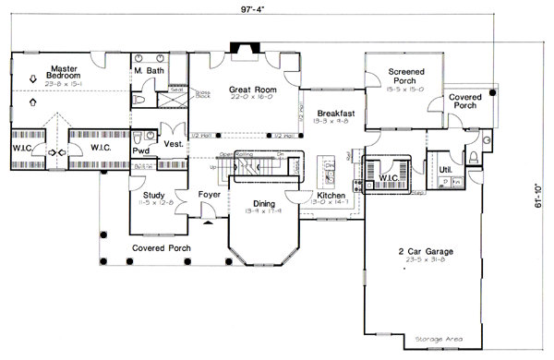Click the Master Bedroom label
63,71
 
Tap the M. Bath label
150,71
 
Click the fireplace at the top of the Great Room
245,46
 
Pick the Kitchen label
331,197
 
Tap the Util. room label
445,170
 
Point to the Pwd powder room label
141,150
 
